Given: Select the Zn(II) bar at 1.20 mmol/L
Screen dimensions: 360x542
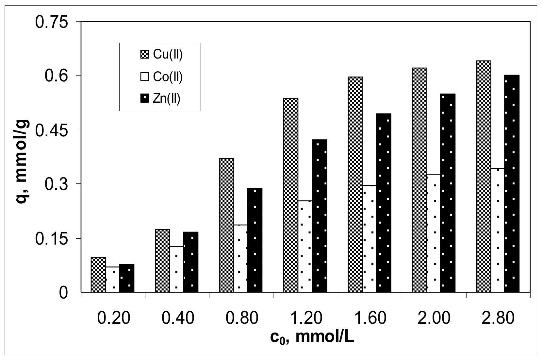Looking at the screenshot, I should [x=319, y=216].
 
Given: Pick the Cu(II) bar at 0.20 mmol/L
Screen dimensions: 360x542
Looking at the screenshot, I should [x=98, y=275].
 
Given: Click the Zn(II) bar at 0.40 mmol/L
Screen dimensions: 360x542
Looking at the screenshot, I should [x=190, y=262].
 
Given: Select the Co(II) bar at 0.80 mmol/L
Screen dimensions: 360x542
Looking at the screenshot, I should [x=240, y=258].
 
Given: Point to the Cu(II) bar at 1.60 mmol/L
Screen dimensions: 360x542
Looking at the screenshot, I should [x=355, y=185].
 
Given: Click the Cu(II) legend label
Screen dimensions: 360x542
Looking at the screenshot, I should [x=168, y=54].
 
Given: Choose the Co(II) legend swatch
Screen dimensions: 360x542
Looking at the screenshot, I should [x=144, y=77].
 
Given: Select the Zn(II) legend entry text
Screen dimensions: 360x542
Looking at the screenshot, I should [x=167, y=98].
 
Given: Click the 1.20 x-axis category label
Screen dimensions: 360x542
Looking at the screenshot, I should [x=306, y=318].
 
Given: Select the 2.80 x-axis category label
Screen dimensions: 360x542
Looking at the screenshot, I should [x=499, y=318].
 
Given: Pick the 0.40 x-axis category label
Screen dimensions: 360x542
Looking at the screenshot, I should [x=178, y=318].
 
